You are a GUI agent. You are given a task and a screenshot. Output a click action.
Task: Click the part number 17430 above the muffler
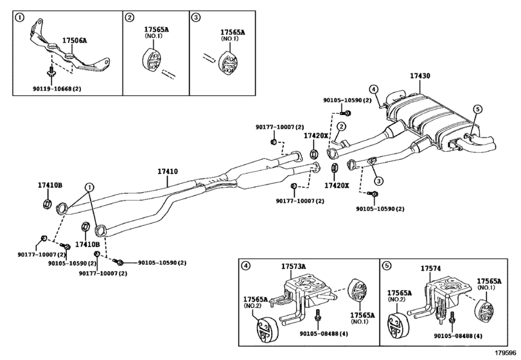click(x=420, y=76)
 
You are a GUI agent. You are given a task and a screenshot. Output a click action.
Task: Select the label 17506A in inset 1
click(x=75, y=40)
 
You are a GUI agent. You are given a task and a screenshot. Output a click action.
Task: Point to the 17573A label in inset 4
click(x=294, y=266)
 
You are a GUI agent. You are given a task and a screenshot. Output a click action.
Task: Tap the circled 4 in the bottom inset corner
click(x=245, y=265)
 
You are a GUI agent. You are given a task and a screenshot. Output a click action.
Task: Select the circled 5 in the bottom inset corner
click(x=386, y=265)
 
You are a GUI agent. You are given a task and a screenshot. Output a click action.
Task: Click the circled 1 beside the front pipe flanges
click(x=89, y=187)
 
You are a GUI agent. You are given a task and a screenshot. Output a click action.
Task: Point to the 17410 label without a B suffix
click(x=168, y=172)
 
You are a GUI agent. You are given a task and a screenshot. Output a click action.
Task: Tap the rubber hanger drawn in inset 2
click(x=152, y=62)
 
